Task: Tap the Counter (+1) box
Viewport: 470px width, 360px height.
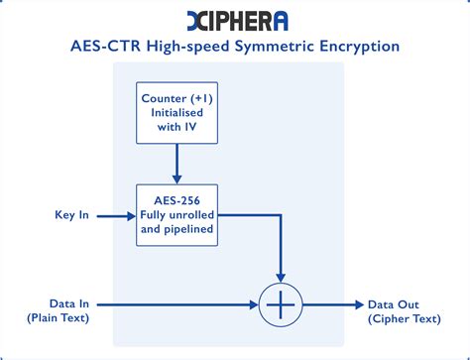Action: [x=176, y=113]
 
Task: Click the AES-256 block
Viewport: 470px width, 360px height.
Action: [x=176, y=214]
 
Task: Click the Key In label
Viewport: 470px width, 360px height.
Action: [x=71, y=214]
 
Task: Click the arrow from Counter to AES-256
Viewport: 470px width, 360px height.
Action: [x=176, y=164]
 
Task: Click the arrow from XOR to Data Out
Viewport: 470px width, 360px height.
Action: [x=332, y=303]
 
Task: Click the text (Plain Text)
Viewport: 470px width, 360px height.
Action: [x=58, y=318]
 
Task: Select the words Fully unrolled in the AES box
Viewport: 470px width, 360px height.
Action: [x=176, y=214]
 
